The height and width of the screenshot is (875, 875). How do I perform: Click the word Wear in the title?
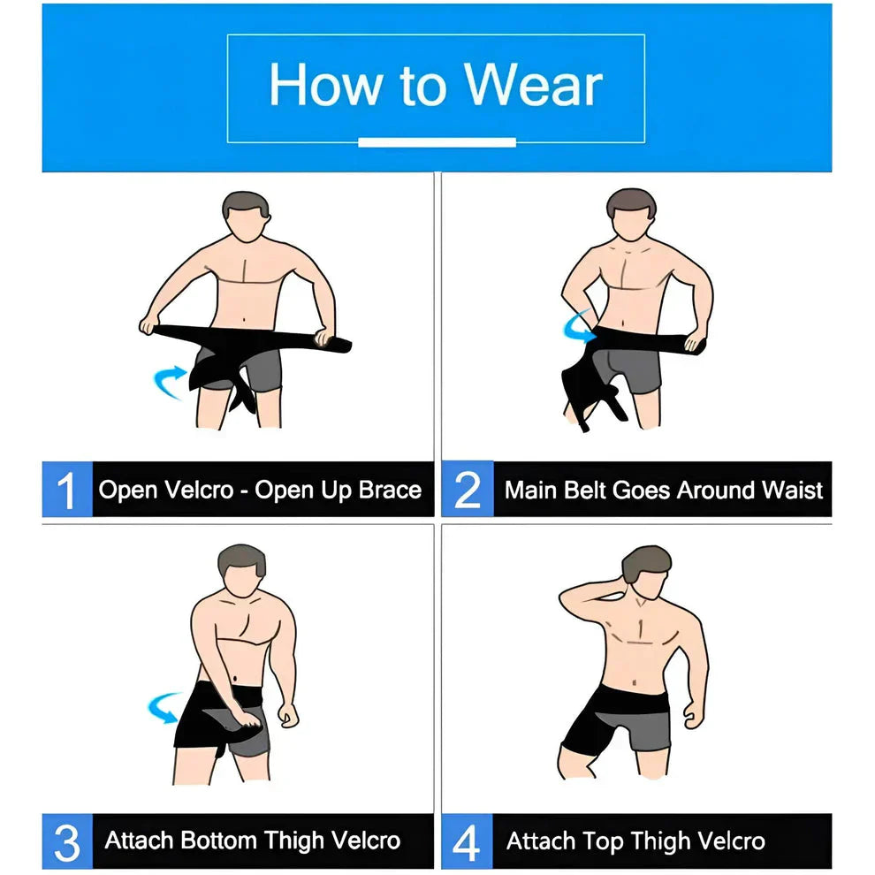[x=534, y=86]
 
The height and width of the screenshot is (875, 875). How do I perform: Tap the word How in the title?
[x=325, y=86]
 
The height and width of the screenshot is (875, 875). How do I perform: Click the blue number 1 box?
[x=67, y=491]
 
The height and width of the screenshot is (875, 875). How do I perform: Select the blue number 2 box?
[x=467, y=491]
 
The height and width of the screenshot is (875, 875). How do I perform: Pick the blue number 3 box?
[x=67, y=841]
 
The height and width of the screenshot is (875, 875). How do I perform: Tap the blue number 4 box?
[x=467, y=841]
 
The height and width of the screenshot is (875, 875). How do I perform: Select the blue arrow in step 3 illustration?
[x=166, y=708]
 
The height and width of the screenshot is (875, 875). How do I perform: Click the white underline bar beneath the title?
[x=437, y=142]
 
